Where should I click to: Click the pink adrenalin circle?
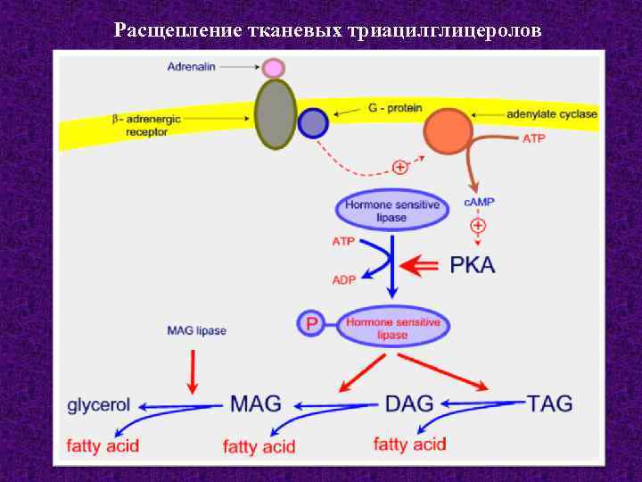[274, 68]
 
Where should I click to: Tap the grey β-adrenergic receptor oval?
[275, 113]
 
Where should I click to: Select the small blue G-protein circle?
[313, 123]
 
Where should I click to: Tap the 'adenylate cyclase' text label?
[552, 114]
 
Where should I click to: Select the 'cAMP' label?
[479, 203]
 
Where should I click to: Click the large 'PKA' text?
[473, 265]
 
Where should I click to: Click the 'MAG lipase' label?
[196, 330]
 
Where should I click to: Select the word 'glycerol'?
[99, 405]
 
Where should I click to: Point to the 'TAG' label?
[550, 404]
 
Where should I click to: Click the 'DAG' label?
[410, 404]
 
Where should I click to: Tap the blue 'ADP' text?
[344, 279]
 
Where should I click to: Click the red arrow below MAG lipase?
[193, 370]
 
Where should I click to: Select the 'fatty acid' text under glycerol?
[103, 445]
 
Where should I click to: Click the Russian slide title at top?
[326, 30]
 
